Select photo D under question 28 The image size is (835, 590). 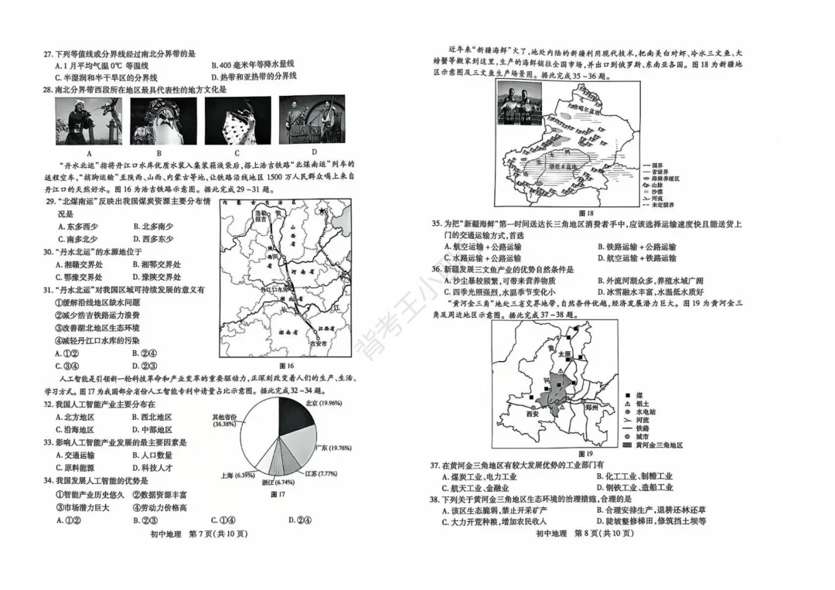(x=312, y=121)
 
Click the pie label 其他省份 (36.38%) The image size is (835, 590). (x=225, y=420)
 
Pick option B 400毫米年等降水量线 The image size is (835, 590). (x=252, y=65)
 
